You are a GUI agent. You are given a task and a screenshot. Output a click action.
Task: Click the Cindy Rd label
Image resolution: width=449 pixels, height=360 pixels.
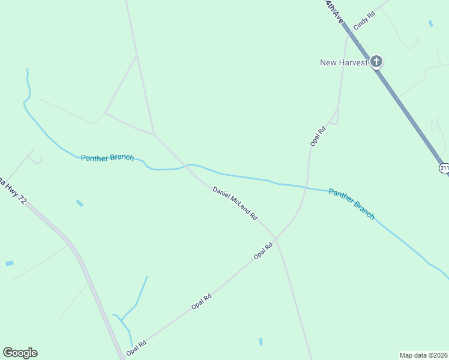pyautogui.click(x=364, y=20)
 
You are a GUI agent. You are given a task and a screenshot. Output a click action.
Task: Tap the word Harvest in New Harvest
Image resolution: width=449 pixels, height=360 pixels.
pyautogui.click(x=354, y=62)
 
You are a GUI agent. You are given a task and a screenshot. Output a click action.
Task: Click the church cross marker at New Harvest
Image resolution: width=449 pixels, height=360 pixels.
pyautogui.click(x=376, y=61)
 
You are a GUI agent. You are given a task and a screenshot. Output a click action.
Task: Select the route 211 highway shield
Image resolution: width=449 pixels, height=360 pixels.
pyautogui.click(x=444, y=168)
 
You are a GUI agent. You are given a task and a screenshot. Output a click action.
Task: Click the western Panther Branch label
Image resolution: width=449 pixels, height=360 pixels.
pyautogui.click(x=107, y=158)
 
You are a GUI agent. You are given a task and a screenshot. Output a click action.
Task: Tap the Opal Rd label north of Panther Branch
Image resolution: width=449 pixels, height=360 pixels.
pyautogui.click(x=318, y=136)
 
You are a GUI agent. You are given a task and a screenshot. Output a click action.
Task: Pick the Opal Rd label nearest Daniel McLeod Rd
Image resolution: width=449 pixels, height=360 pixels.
pyautogui.click(x=264, y=250)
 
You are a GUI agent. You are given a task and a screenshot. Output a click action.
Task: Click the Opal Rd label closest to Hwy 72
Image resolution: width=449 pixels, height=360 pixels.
pyautogui.click(x=137, y=347)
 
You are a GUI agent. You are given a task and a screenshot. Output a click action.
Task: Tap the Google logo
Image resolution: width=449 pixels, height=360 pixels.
pyautogui.click(x=20, y=353)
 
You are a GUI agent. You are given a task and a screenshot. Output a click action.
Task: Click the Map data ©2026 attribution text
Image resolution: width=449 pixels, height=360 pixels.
pyautogui.click(x=423, y=355)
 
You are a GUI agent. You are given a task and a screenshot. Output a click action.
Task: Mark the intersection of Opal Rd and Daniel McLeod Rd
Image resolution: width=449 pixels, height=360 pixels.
pyautogui.click(x=276, y=238)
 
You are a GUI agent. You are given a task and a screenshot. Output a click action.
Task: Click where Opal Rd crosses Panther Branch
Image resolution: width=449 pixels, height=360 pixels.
pyautogui.click(x=307, y=187)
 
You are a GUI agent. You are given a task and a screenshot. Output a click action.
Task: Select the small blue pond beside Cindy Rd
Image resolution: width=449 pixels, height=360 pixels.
pyautogui.click(x=430, y=23)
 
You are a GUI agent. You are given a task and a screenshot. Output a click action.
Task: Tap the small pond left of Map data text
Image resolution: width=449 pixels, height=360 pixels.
pyautogui.click(x=261, y=342)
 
